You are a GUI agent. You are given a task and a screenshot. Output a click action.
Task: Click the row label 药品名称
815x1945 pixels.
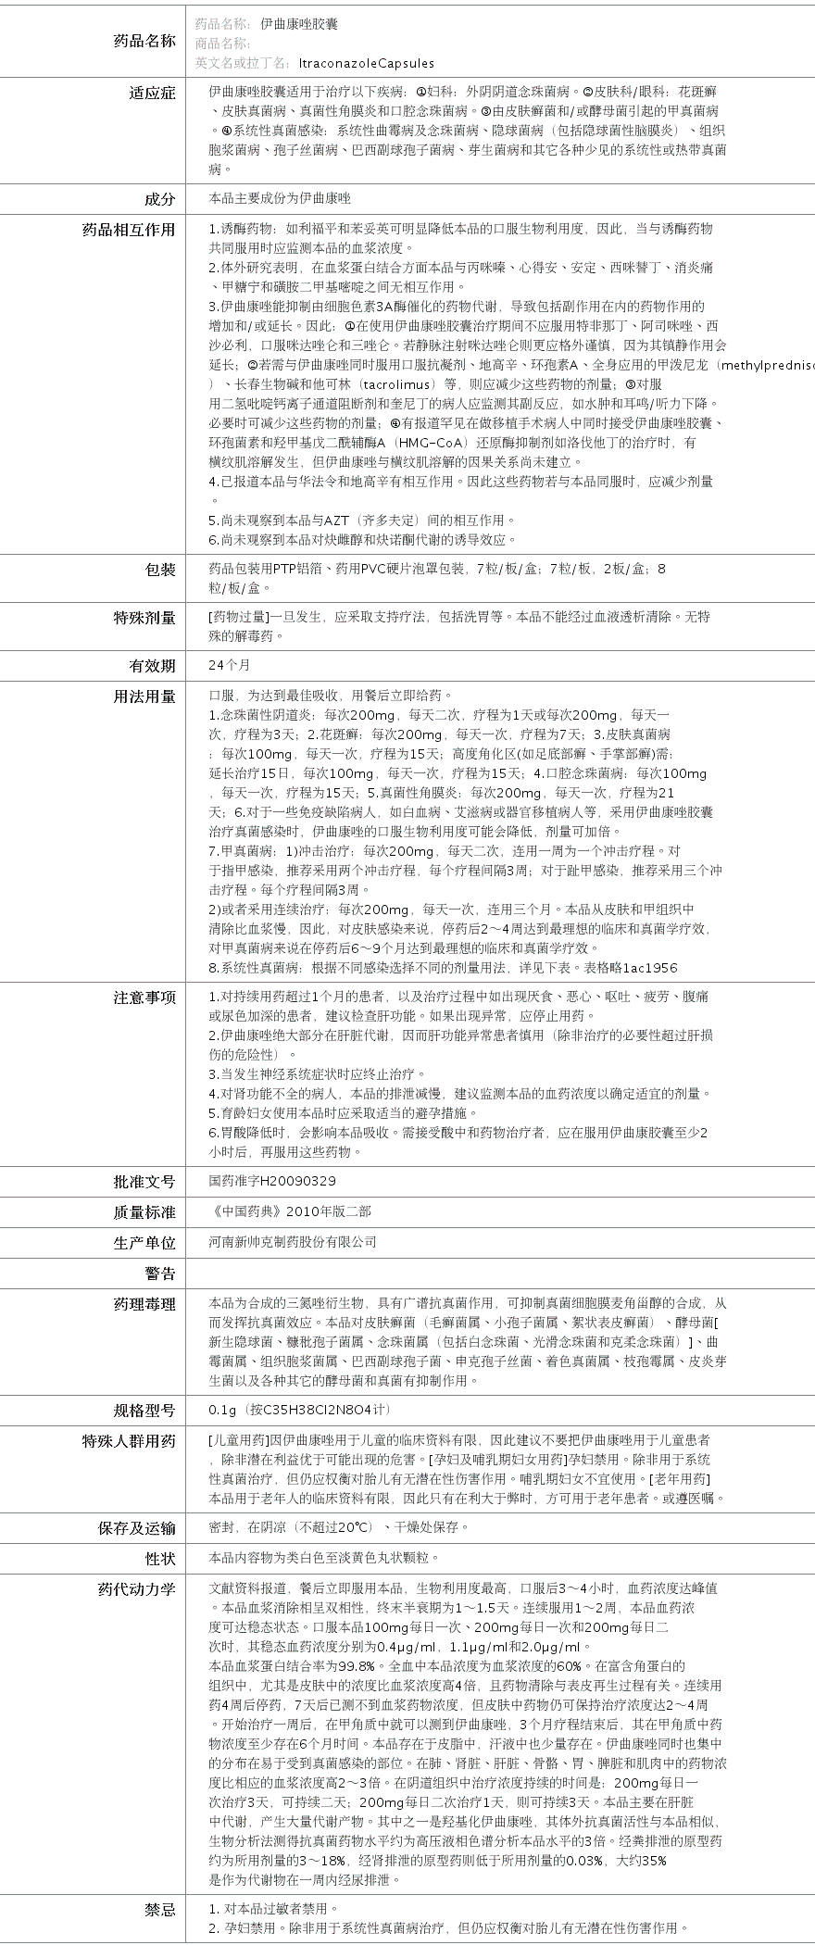[x=144, y=41]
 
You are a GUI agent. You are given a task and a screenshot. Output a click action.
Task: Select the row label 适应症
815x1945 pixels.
[x=152, y=93]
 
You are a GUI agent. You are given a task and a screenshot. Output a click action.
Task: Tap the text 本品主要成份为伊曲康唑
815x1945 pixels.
[x=280, y=198]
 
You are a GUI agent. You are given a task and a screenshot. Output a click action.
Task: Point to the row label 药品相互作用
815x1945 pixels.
[x=129, y=230]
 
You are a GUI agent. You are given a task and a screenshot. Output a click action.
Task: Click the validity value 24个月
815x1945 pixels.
[x=229, y=665]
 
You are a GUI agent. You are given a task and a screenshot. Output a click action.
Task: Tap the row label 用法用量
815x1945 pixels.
[x=144, y=696]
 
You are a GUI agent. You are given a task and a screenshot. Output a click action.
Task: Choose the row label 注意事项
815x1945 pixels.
[x=144, y=998]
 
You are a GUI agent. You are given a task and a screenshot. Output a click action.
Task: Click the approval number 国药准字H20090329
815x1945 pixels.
[x=272, y=1181]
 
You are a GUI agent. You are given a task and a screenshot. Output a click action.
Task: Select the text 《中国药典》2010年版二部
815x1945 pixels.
[x=289, y=1211]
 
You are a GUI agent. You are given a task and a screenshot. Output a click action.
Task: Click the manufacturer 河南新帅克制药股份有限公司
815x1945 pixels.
[x=293, y=1242]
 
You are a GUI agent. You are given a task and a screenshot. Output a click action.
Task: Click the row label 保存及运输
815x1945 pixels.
[x=136, y=1528]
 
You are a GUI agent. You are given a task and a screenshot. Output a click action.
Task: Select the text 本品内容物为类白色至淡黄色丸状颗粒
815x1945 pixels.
[x=324, y=1558]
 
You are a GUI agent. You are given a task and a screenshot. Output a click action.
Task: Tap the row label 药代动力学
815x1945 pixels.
[x=136, y=1589]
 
